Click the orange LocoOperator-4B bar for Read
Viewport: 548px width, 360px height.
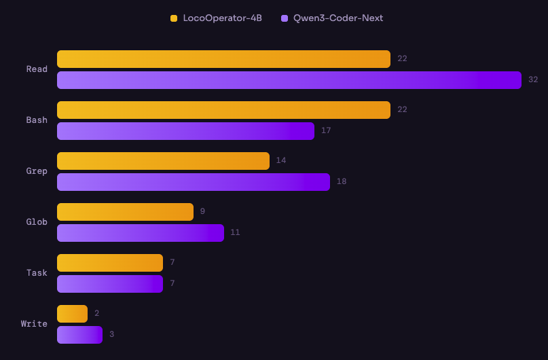pos(223,59)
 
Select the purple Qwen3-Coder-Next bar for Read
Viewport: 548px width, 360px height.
pos(289,80)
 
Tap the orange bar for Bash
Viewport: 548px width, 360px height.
pos(223,110)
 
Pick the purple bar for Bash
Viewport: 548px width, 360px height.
pos(185,131)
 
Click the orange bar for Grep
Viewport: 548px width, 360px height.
pos(163,161)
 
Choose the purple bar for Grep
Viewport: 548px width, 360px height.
pos(193,182)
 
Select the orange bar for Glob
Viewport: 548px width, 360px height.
pos(125,212)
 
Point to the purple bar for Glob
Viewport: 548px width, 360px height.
pos(140,233)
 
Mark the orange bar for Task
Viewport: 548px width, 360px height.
pos(110,263)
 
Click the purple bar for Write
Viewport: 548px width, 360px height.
pos(79,335)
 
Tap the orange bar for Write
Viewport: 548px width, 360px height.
pos(72,314)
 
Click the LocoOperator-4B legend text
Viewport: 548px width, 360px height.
pos(222,18)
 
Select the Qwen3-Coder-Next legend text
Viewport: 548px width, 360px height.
pos(337,18)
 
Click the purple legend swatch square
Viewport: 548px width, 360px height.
pos(285,18)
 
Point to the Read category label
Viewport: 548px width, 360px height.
pos(37,69)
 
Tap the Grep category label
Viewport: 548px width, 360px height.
pos(37,171)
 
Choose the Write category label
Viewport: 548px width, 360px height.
pos(34,324)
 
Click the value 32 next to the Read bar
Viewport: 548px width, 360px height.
pos(533,80)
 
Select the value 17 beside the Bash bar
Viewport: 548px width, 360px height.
pos(326,131)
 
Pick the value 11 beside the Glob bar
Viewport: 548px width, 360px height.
pos(235,233)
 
